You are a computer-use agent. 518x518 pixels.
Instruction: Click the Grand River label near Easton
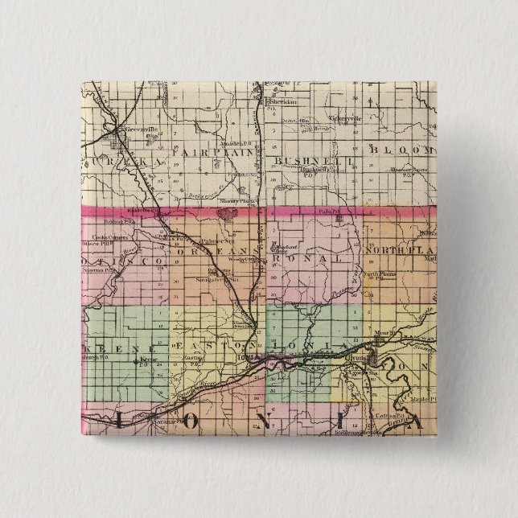tap(193, 384)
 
